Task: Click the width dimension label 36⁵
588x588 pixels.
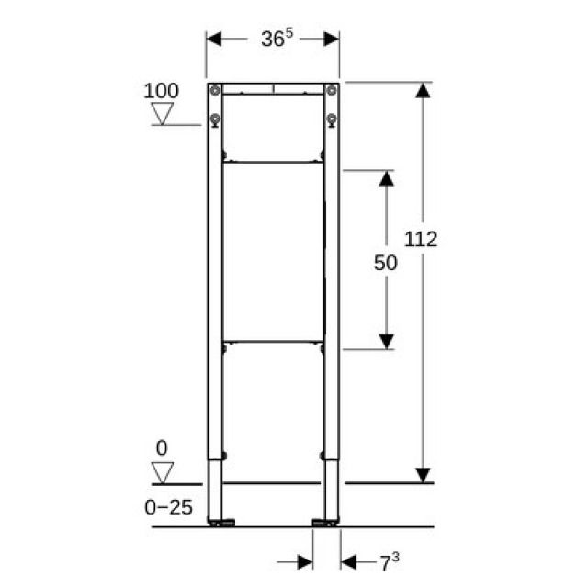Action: pos(273,39)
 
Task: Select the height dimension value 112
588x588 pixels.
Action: pos(421,240)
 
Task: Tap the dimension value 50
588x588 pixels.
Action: pos(386,262)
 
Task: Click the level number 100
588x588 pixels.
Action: pos(162,91)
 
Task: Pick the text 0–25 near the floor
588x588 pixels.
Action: pos(167,507)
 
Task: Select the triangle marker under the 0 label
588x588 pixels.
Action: pos(164,473)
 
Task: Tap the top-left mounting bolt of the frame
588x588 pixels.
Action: pos(215,91)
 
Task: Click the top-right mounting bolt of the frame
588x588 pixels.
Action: pos(330,91)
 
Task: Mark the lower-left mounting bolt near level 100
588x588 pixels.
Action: pos(215,119)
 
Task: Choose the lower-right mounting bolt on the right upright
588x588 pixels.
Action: pos(330,119)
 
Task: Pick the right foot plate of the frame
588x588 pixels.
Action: pos(326,524)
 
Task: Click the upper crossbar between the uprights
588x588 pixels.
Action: pos(272,163)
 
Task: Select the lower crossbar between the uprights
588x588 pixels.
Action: pos(272,342)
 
